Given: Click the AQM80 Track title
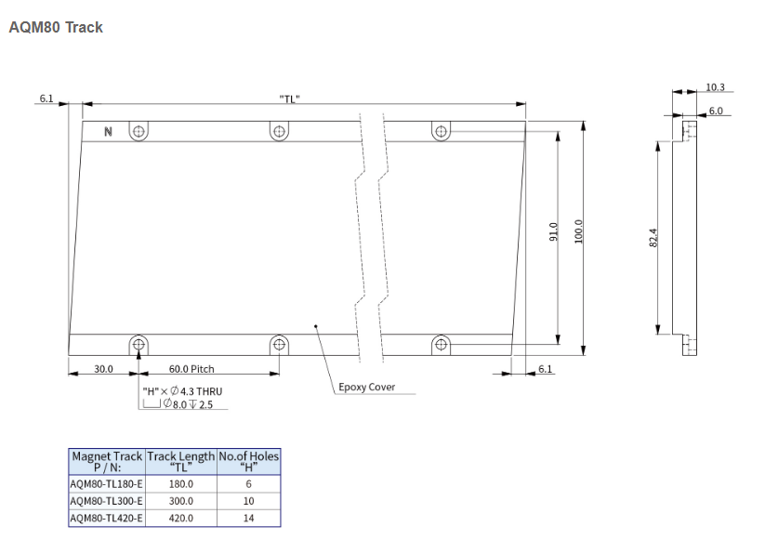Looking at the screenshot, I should (55, 28).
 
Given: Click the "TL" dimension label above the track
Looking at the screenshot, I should (289, 99).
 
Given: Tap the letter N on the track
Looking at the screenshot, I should (108, 132).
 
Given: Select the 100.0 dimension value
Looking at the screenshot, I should (578, 230).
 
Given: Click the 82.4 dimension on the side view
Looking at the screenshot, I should (653, 238).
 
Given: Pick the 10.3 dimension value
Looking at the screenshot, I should (715, 87).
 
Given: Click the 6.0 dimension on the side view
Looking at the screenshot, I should (716, 111).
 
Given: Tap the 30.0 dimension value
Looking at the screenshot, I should (103, 369).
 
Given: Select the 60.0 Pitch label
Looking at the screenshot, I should (191, 369).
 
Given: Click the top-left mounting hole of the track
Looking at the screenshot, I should (138, 131).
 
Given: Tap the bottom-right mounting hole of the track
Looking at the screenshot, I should (441, 345).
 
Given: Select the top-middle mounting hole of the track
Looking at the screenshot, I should (279, 131).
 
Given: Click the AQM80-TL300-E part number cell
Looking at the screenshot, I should (106, 500).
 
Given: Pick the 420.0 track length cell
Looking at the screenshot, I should (180, 518).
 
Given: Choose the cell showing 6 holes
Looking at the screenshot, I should (248, 483).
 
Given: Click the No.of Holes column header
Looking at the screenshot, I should (248, 462).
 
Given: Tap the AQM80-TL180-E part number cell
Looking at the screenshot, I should (106, 483).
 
